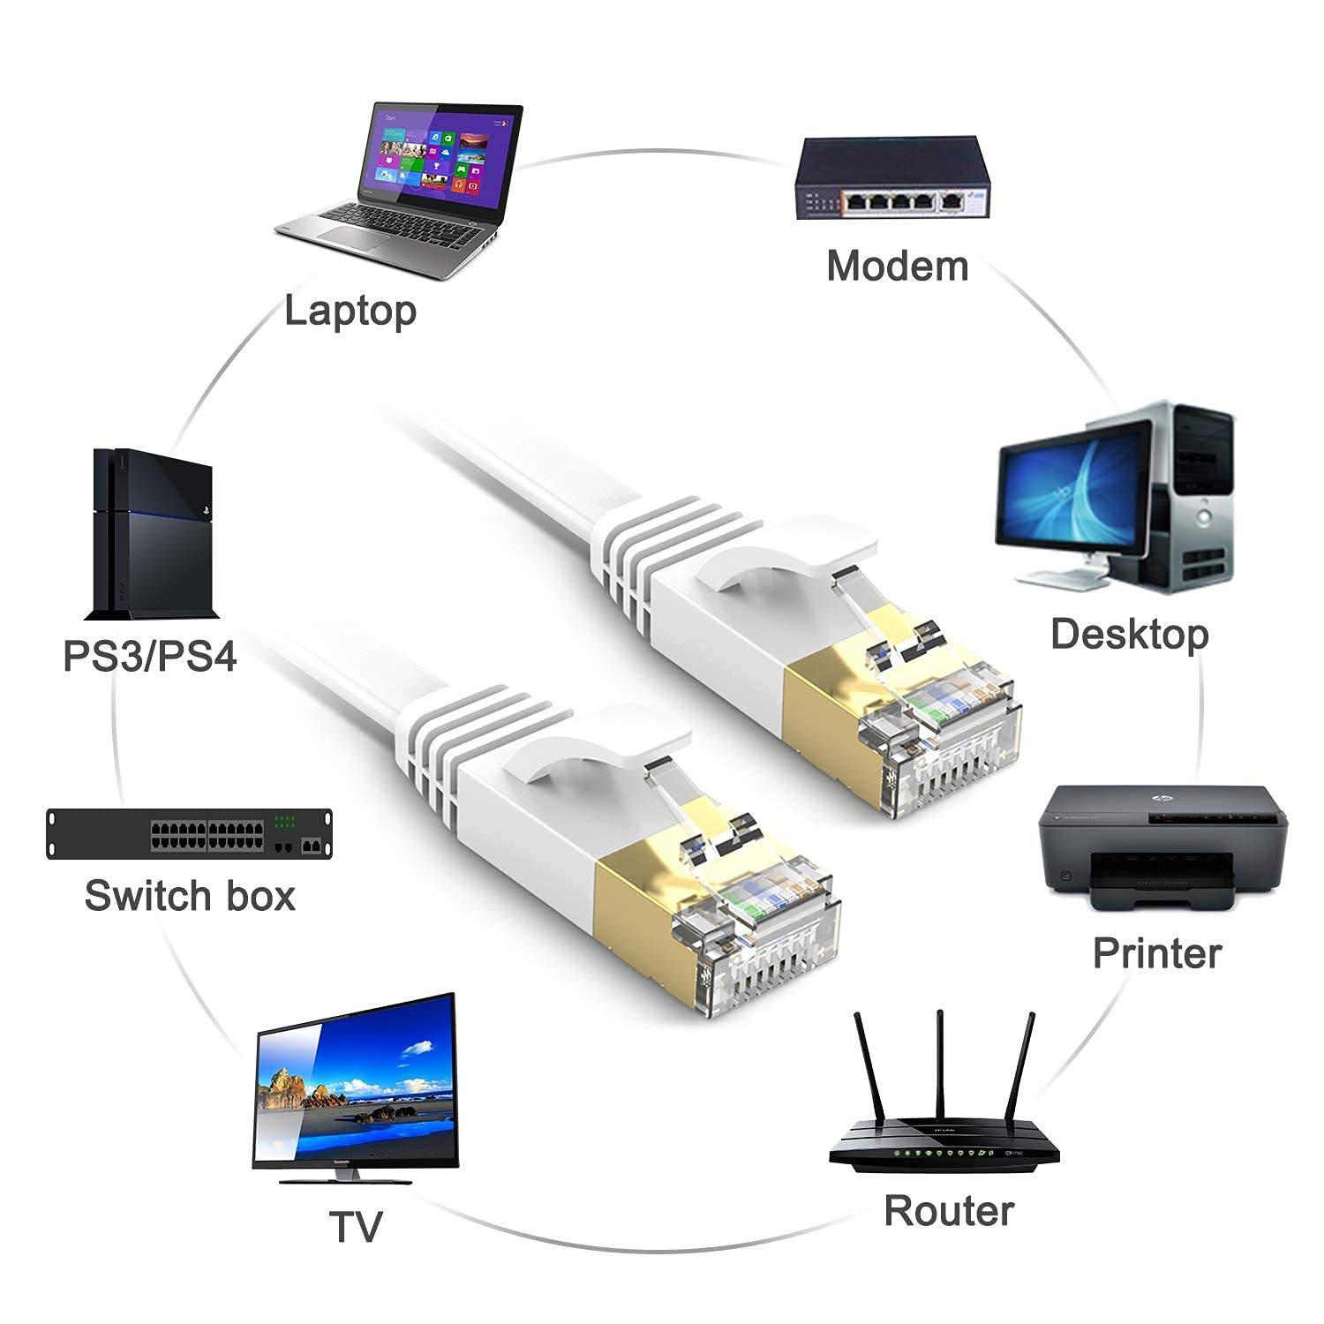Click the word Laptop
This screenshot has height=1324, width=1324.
click(x=350, y=311)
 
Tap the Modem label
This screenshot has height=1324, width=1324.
click(x=897, y=266)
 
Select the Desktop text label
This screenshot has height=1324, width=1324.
click(x=1129, y=634)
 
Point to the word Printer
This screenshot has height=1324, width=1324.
click(x=1157, y=953)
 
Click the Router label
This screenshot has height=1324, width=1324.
click(x=949, y=1210)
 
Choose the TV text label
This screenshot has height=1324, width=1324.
click(x=356, y=1227)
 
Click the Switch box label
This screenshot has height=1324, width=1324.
click(x=190, y=896)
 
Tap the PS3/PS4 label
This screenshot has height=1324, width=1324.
click(x=150, y=657)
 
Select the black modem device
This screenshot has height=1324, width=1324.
click(x=892, y=179)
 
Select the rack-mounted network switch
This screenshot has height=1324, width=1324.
click(x=191, y=833)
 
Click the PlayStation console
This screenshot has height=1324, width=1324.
click(x=153, y=535)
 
